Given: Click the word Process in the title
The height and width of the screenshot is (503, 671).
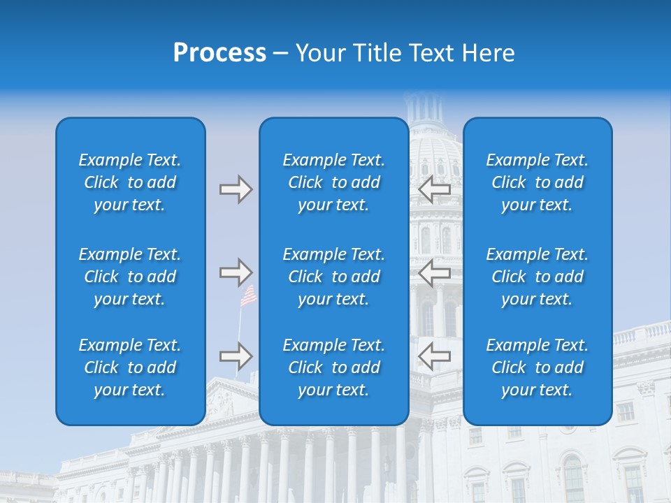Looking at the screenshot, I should [x=219, y=53].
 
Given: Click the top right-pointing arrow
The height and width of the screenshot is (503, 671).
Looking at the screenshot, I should [x=236, y=189].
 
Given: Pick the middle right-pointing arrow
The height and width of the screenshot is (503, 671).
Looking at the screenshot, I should [x=236, y=272].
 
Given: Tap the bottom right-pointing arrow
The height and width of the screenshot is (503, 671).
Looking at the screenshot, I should [x=236, y=356].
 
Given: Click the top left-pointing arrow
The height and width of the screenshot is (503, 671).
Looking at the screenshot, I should [x=434, y=189].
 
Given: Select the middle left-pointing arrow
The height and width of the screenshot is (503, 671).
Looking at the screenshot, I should [x=434, y=272].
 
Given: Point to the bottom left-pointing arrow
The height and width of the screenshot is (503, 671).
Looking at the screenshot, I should [x=434, y=356].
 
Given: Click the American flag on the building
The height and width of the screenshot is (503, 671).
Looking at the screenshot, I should [x=248, y=296].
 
